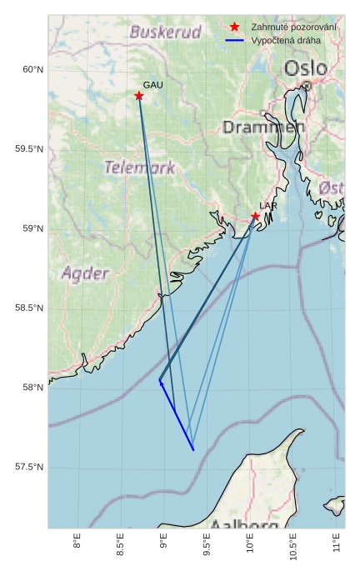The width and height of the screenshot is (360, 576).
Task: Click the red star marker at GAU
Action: tap(139, 96)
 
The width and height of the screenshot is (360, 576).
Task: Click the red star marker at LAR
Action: tap(256, 217)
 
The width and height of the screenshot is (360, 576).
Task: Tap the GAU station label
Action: tap(152, 85)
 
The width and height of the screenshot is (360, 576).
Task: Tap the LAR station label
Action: tap(267, 205)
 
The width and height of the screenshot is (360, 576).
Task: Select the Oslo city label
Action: tap(305, 68)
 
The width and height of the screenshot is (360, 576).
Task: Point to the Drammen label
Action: tap(262, 128)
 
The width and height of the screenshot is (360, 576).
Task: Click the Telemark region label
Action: tap(139, 168)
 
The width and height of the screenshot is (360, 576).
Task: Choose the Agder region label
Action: tap(85, 273)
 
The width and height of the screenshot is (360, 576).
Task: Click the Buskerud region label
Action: tap(166, 33)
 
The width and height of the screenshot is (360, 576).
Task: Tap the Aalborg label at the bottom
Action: tap(243, 526)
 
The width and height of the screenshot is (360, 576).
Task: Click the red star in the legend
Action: tap(235, 28)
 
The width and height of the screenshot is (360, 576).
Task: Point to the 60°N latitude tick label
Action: tap(32, 70)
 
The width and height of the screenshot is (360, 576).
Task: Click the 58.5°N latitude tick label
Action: tap(29, 308)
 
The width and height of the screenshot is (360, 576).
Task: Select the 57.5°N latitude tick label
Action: tap(29, 467)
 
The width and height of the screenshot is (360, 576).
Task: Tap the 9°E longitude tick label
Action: tap(163, 543)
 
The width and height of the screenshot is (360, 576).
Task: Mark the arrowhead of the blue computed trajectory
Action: tap(161, 383)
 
